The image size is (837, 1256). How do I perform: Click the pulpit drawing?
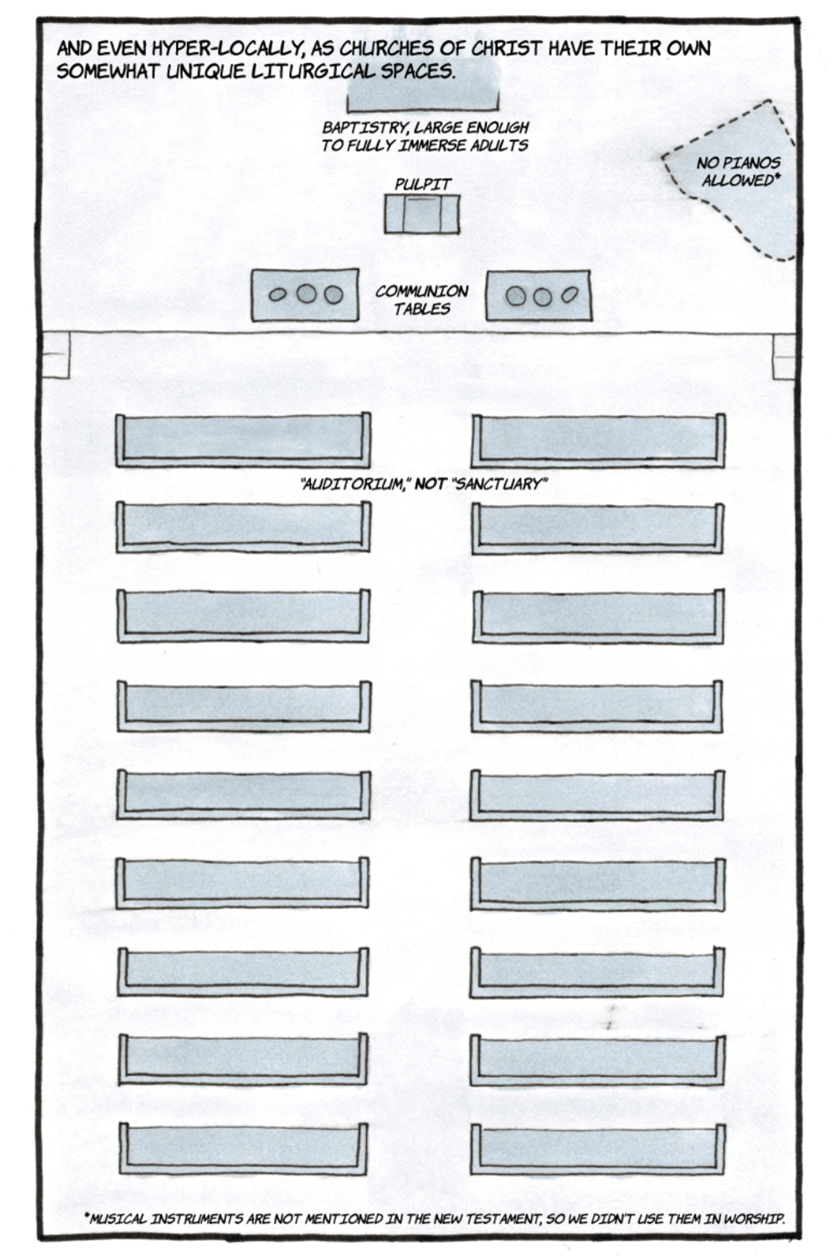(422, 215)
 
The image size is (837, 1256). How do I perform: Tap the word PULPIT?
(423, 185)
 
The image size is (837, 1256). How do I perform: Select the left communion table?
(305, 295)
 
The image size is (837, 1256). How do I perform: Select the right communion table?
(538, 295)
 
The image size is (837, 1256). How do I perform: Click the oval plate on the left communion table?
(277, 295)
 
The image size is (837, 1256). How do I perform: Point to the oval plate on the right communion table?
(569, 295)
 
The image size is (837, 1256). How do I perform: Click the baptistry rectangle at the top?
(423, 94)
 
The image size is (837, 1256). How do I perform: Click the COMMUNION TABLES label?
(422, 300)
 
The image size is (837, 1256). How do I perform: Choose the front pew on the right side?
(598, 441)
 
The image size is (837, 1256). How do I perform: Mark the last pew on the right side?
(597, 1150)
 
